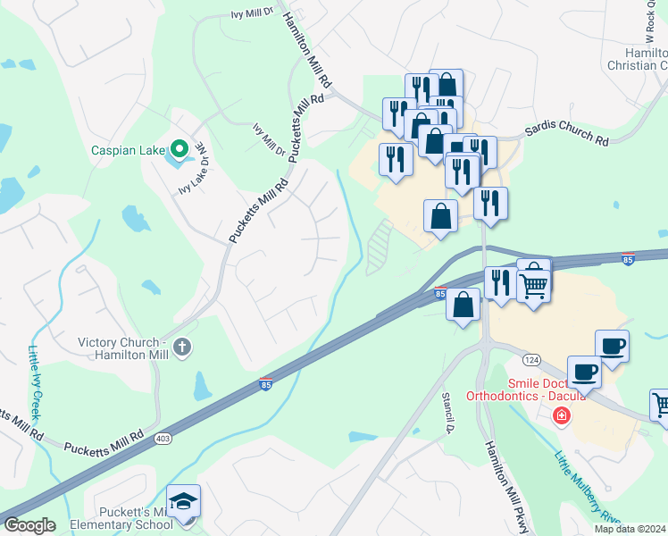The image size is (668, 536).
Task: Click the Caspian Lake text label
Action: (128, 150)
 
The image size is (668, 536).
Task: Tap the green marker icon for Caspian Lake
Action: (179, 149)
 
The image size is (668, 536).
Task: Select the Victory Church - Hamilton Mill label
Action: (123, 348)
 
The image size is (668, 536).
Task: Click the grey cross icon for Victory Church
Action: (182, 347)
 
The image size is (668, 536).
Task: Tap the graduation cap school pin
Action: (183, 502)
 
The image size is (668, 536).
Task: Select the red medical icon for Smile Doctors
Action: (561, 415)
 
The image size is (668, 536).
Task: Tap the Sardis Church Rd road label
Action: (566, 140)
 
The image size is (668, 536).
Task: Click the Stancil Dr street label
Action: (449, 411)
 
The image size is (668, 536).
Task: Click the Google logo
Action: (29, 525)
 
